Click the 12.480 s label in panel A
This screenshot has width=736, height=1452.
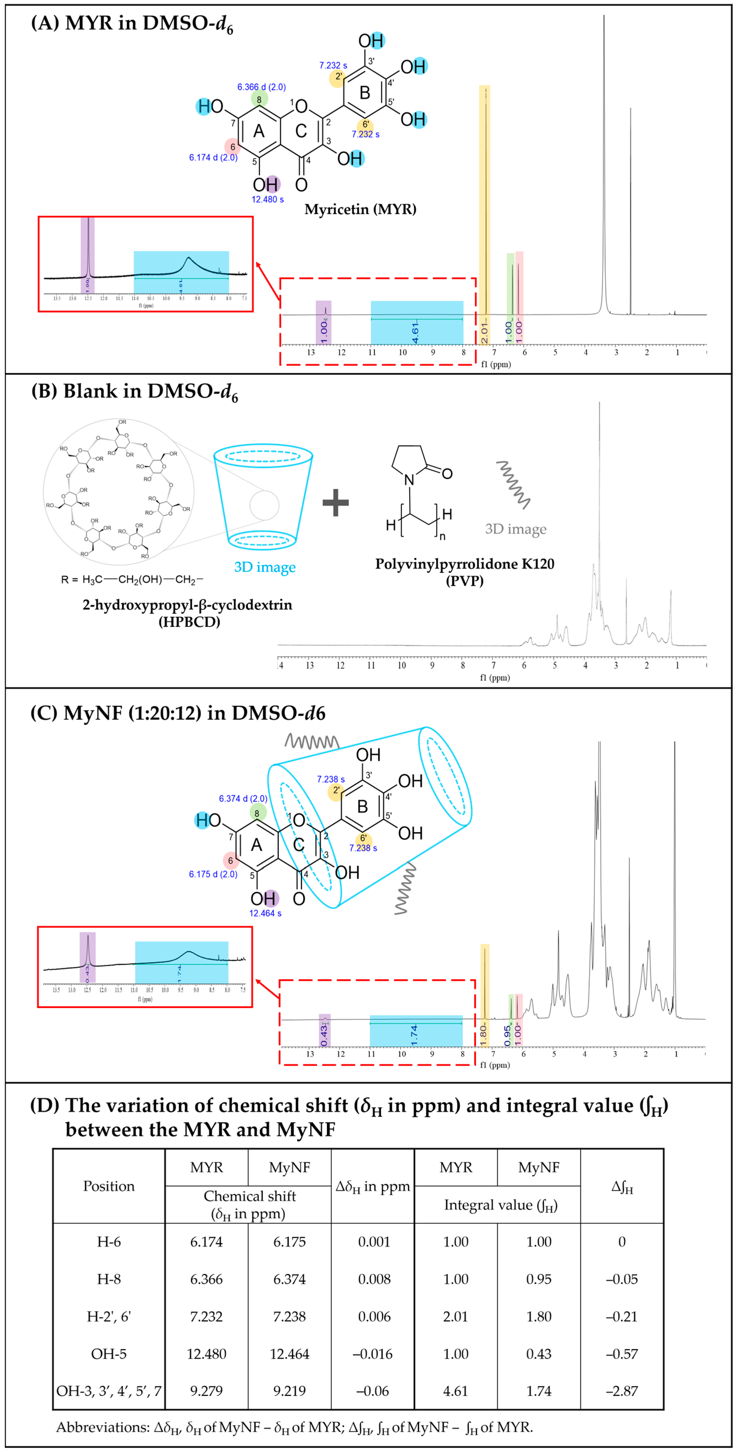pos(267,199)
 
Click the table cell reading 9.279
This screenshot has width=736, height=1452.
pos(206,1390)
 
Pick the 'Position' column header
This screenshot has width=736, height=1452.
pos(109,1186)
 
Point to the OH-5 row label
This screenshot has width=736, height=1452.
pos(109,1353)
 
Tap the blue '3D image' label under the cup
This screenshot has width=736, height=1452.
pos(264,567)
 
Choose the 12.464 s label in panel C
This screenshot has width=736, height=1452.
pos(266,913)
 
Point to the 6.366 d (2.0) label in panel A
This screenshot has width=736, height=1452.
pos(261,87)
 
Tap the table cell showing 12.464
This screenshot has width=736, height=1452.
pos(289,1353)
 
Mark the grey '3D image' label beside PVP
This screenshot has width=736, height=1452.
pos(515,529)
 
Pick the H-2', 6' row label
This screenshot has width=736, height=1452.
pos(109,1316)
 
